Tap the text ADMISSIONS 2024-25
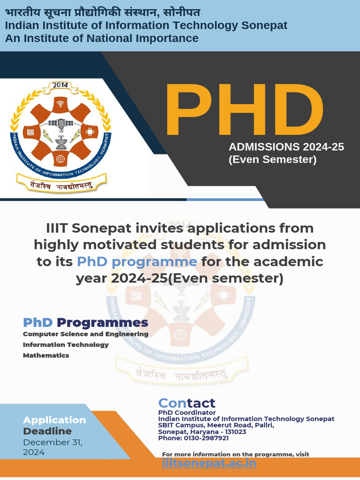tap(286, 147)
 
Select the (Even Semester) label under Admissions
tap(272, 160)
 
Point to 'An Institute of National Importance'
tap(102, 38)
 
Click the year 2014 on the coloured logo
tap(60, 85)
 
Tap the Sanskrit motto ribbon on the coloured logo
tap(61, 184)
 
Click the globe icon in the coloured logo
tap(60, 158)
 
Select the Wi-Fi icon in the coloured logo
tap(60, 104)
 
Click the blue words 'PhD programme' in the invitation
tap(137, 261)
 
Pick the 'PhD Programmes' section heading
tap(86, 322)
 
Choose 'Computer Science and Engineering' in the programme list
tap(86, 334)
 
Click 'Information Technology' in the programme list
tap(66, 345)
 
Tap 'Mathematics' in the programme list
tap(46, 355)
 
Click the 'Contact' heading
tap(187, 403)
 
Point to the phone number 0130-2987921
tap(194, 438)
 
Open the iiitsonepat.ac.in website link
tap(209, 463)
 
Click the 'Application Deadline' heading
tap(54, 425)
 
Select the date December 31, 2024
tap(52, 447)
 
